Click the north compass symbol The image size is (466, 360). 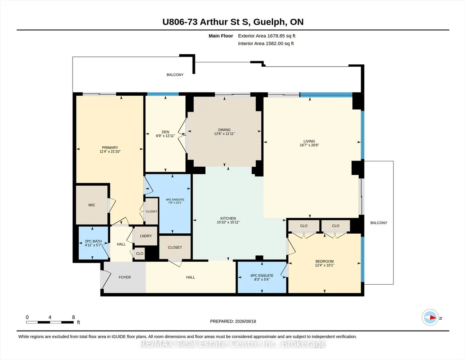(430, 317)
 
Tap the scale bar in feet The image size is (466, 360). (50, 322)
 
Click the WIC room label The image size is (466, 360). (92, 205)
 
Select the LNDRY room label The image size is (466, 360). (146, 236)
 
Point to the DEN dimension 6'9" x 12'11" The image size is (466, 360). (165, 136)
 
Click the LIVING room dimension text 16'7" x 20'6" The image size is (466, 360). (309, 145)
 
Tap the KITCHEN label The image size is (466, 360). (228, 218)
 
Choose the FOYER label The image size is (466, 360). (125, 277)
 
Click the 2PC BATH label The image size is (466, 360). (93, 241)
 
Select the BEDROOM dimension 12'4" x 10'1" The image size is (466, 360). (324, 265)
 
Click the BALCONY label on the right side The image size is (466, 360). (379, 223)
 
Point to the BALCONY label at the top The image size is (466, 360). (175, 75)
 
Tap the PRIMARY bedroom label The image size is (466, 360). (110, 147)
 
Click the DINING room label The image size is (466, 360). (224, 130)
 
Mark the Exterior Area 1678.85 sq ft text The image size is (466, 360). (266, 36)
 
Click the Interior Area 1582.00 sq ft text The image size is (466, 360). (266, 44)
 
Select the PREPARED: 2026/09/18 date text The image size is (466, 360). (233, 321)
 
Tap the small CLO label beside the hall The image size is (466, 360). (139, 253)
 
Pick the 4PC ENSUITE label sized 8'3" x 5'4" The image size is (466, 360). (262, 276)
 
